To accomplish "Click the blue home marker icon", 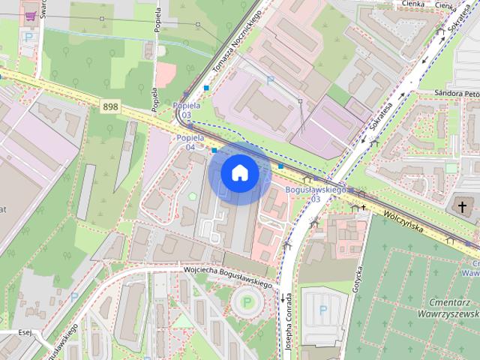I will tap(239, 172).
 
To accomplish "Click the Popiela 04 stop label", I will tap(186, 142).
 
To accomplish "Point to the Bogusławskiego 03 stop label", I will tap(316, 194).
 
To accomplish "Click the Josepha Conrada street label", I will tap(288, 316).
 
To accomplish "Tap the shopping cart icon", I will tap(31, 15).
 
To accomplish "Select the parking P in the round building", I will tap(245, 303).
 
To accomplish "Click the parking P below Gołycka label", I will tap(323, 309).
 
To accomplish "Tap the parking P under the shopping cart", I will tap(29, 37).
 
